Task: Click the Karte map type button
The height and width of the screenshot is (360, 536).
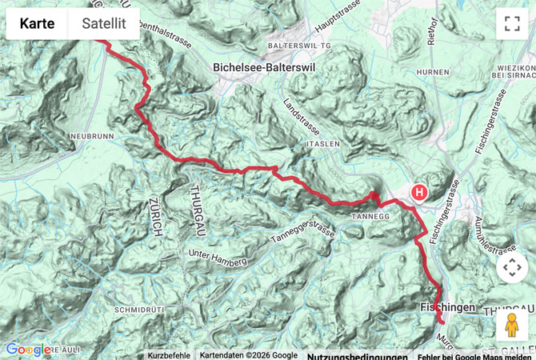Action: [x=38, y=24]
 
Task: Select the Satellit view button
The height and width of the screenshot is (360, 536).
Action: [x=103, y=24]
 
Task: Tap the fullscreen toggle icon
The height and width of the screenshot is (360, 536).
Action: [x=512, y=24]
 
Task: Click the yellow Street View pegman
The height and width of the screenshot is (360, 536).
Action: [x=512, y=324]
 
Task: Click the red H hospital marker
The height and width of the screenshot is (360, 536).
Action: [x=419, y=192]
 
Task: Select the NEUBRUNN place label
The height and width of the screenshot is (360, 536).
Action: [x=94, y=137]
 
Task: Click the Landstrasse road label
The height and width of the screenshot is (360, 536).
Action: [x=300, y=118]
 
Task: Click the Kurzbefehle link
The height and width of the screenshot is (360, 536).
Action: [x=169, y=355]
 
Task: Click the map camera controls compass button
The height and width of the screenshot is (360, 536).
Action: [x=512, y=268]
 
